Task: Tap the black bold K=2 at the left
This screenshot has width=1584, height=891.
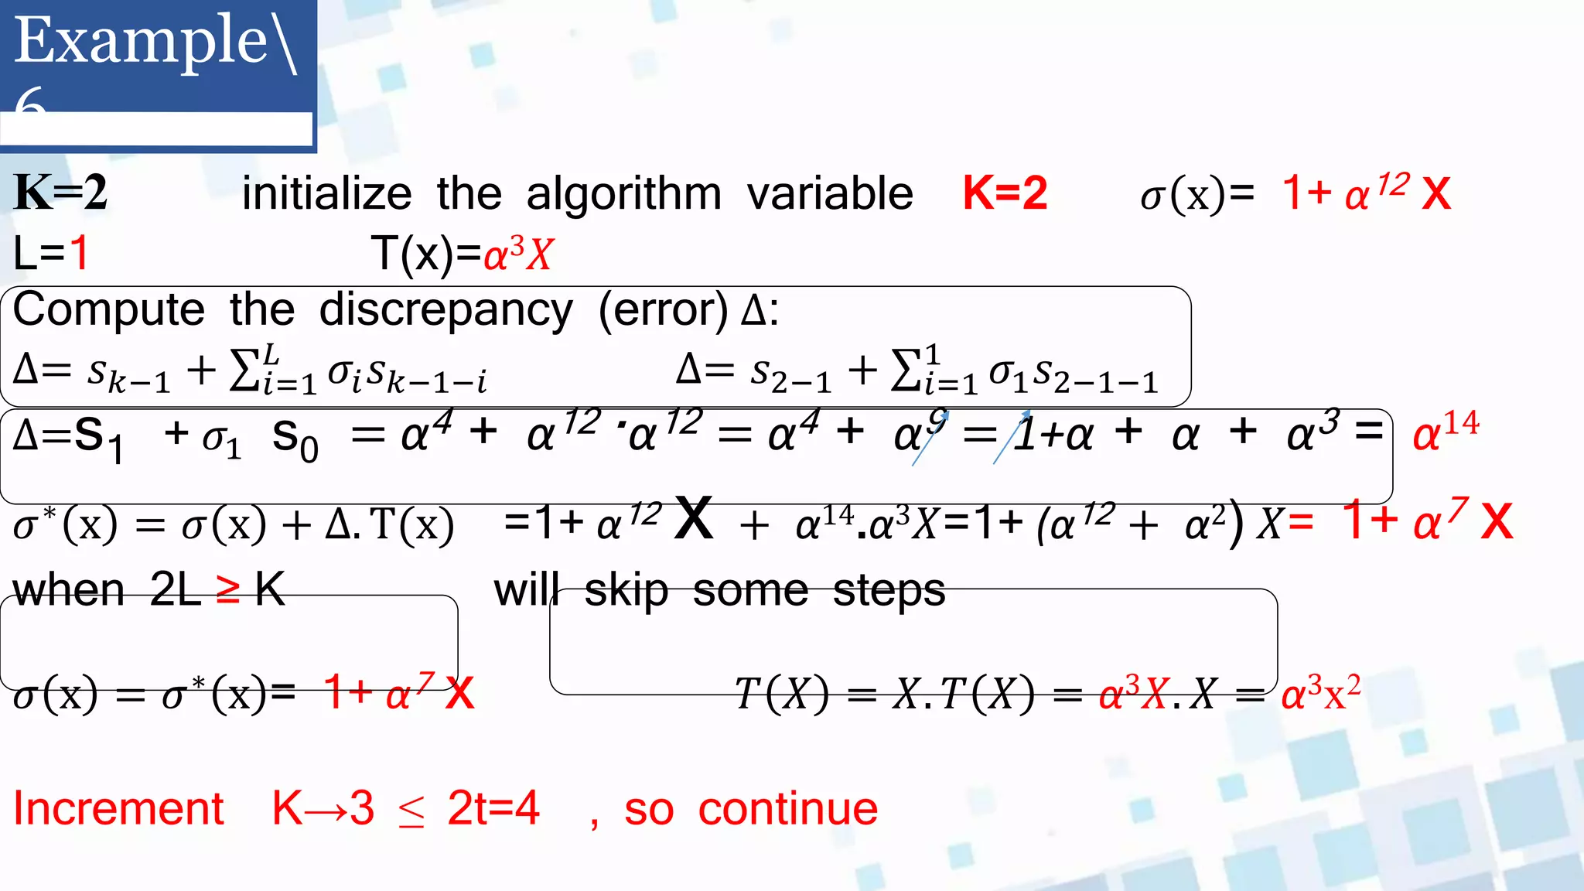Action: [x=60, y=193]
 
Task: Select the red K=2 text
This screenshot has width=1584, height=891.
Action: [x=1005, y=193]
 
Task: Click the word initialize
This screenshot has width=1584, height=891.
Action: [x=326, y=193]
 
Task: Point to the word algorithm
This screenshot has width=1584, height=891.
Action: [x=623, y=193]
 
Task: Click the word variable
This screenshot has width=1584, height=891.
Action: [x=830, y=193]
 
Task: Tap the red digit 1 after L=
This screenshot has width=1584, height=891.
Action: [x=79, y=253]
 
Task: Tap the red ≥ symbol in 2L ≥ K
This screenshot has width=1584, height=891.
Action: [x=227, y=590]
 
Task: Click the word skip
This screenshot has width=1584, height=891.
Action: [x=626, y=591]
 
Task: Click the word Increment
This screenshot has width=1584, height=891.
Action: [x=118, y=809]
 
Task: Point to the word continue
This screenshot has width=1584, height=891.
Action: [x=787, y=809]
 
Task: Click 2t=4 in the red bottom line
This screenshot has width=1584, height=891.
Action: [x=493, y=809]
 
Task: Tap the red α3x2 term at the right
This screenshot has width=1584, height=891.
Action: [x=1320, y=692]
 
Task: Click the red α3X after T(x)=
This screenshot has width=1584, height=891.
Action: [x=518, y=254]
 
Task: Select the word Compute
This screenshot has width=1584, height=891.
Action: [x=109, y=309]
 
